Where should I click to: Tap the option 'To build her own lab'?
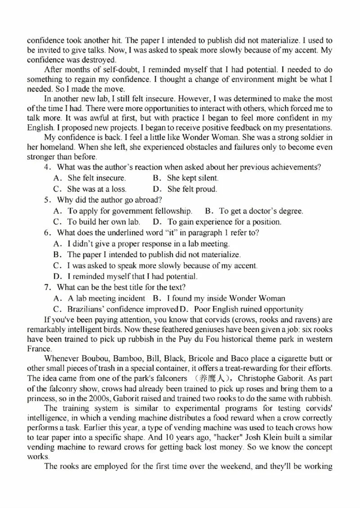(103, 222)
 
